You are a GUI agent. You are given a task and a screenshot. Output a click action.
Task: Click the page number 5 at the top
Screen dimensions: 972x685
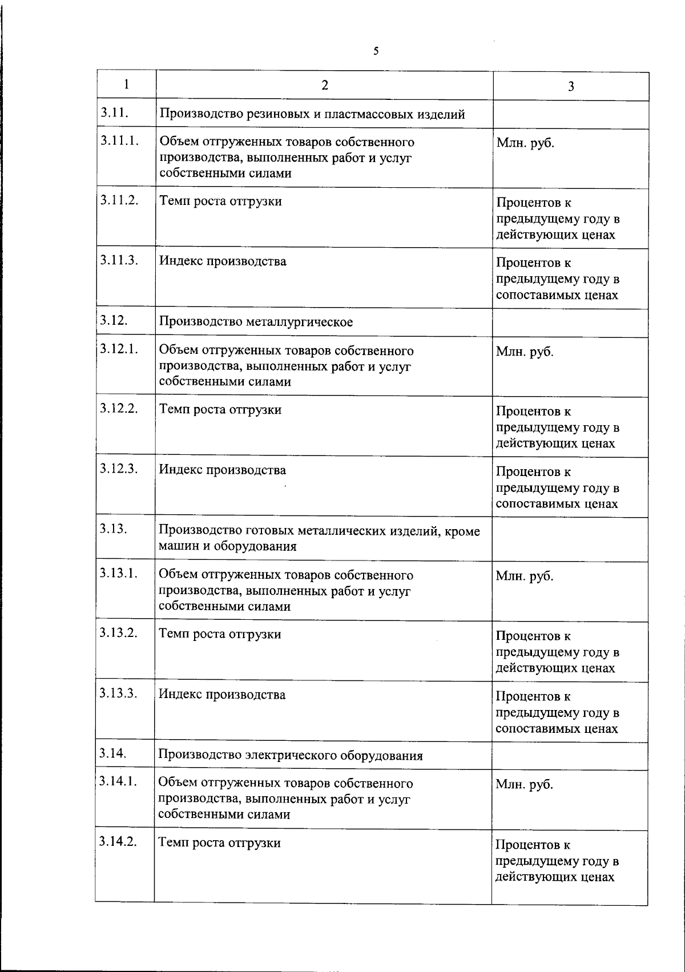(376, 51)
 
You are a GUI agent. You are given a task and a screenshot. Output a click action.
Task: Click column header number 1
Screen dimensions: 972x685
(126, 84)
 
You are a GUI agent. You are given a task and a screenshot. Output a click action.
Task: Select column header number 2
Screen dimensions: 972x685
(324, 86)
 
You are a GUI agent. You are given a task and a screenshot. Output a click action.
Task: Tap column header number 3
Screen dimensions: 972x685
(570, 87)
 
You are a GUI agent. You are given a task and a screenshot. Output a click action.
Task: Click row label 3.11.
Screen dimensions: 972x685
(114, 112)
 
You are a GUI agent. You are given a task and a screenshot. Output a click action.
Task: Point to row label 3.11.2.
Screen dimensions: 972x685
(119, 201)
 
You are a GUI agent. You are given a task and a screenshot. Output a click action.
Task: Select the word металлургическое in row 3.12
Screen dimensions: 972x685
(299, 322)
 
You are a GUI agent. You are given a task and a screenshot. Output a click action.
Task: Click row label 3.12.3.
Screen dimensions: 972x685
(119, 469)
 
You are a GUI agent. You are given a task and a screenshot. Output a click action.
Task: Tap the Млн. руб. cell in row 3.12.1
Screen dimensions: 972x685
(525, 352)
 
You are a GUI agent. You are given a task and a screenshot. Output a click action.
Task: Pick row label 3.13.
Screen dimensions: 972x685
(113, 529)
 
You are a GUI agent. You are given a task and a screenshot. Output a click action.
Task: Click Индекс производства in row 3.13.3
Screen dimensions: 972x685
(222, 695)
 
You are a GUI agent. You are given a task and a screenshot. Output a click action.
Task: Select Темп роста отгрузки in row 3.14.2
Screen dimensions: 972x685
(220, 843)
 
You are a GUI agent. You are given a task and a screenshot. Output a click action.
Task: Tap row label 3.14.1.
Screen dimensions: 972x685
(118, 781)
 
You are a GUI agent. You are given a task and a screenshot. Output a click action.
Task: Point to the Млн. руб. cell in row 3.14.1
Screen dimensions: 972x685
(524, 785)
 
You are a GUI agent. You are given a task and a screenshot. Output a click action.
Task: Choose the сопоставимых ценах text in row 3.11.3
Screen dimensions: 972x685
(557, 295)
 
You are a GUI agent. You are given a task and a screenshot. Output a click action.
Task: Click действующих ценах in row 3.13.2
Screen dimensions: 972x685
(555, 668)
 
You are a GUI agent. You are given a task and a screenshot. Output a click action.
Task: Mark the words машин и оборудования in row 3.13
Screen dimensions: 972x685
(227, 546)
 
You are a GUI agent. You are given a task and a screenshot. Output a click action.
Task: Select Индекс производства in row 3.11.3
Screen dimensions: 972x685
(223, 261)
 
